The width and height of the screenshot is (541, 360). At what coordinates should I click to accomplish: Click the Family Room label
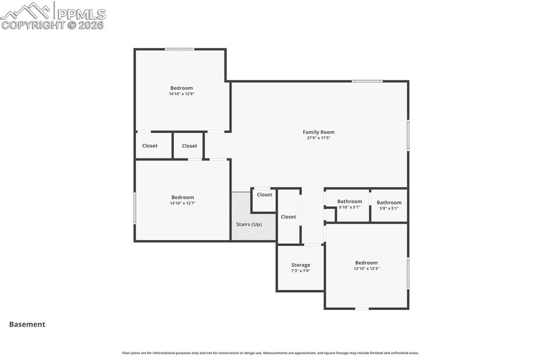(x=318, y=132)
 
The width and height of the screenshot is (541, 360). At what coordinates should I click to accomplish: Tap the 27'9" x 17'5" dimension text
(x=318, y=138)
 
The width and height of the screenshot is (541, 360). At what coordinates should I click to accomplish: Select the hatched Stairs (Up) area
(x=248, y=224)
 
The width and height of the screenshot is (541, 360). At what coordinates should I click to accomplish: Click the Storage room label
(x=301, y=265)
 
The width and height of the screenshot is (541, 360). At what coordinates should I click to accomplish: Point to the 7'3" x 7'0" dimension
(x=301, y=271)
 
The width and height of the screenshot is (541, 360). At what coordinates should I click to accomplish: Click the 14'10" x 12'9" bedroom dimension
(x=181, y=94)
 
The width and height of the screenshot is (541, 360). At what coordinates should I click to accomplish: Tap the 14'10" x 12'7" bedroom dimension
(x=182, y=203)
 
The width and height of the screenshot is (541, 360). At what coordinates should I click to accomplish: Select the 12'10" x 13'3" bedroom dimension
(x=366, y=269)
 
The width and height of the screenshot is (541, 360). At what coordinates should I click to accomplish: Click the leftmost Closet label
(x=150, y=146)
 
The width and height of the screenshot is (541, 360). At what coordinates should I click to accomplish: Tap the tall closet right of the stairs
(x=288, y=216)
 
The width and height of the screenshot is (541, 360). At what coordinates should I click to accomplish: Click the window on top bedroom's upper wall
(x=179, y=50)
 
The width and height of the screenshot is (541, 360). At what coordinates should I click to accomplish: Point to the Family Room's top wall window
(x=367, y=81)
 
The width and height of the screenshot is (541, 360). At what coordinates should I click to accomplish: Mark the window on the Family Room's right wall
(x=408, y=135)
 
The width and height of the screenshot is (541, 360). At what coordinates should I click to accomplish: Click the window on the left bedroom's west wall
(x=135, y=208)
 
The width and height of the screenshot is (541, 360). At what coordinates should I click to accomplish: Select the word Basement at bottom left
(x=27, y=325)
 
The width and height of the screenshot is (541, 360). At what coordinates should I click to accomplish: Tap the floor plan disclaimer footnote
(x=270, y=353)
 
